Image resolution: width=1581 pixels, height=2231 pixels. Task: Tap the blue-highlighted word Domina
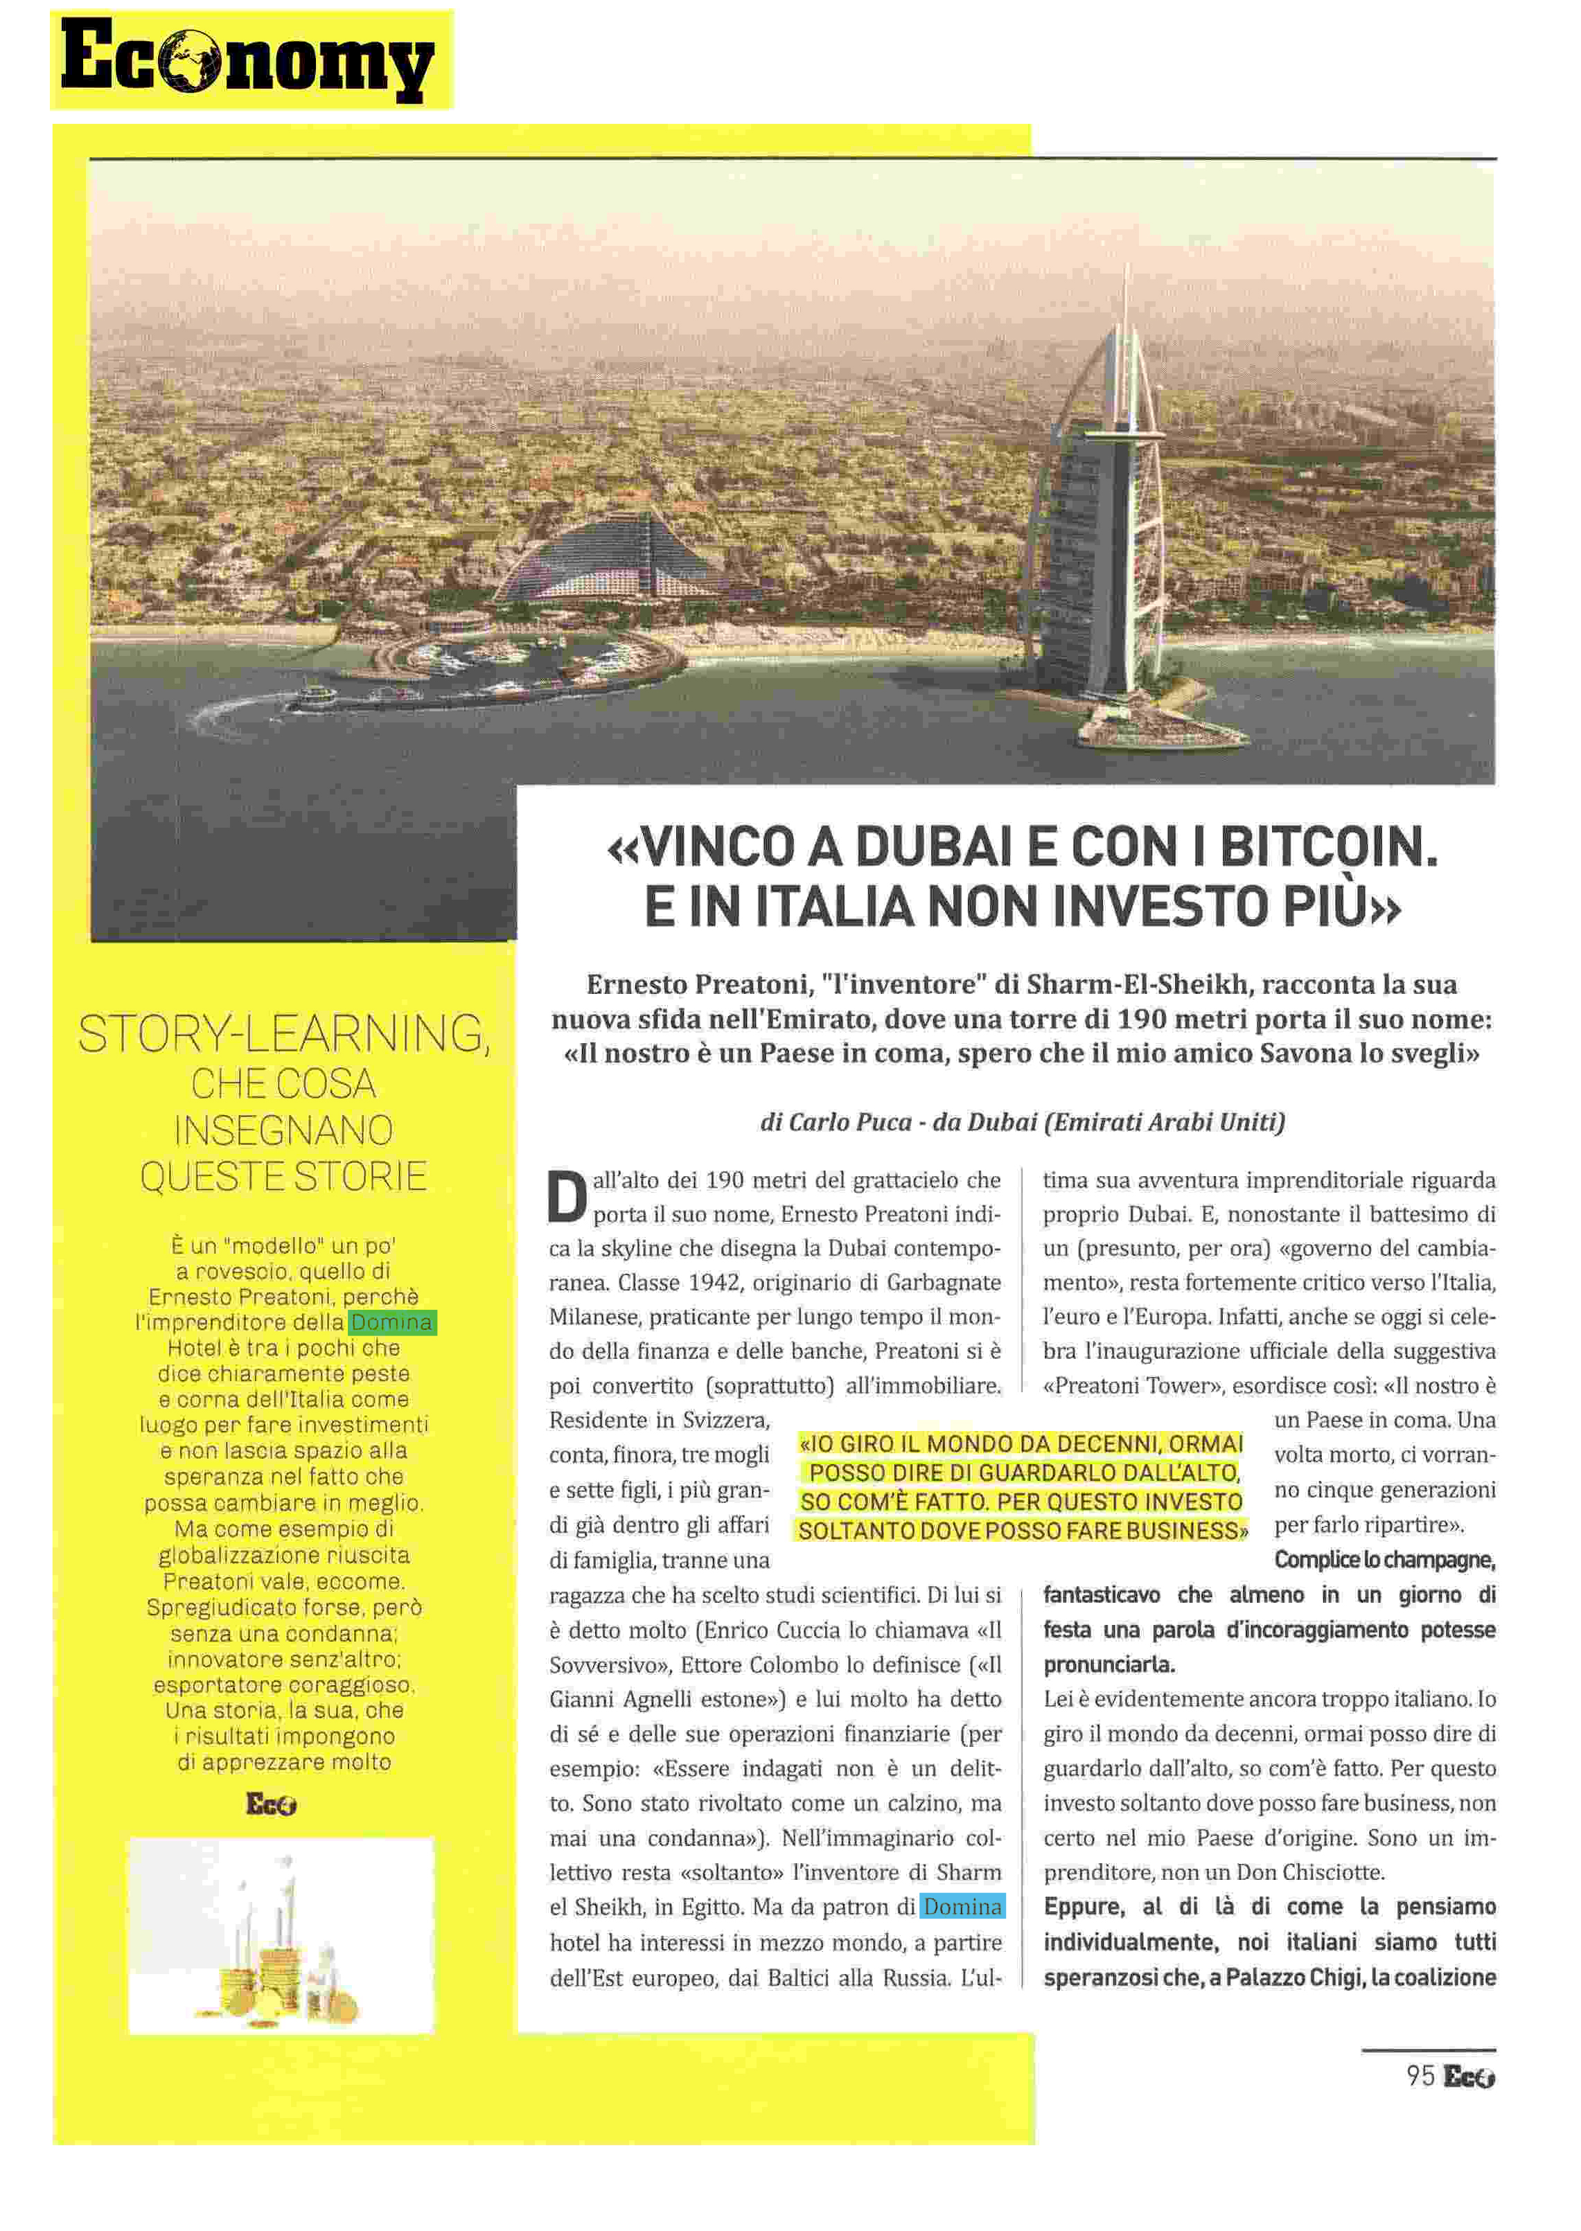[x=962, y=1907]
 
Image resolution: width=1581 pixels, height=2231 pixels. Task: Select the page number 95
[x=1420, y=2077]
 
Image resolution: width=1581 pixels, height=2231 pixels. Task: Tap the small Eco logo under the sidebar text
[x=271, y=1804]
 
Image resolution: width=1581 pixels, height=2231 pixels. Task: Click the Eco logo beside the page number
[x=1469, y=2077]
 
